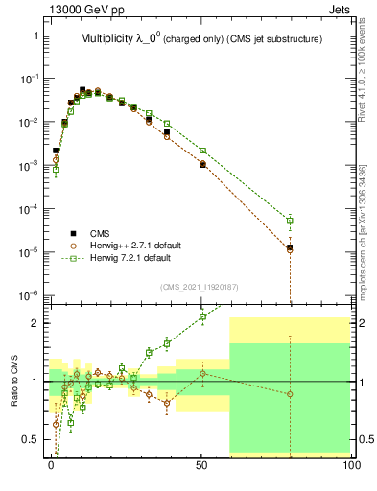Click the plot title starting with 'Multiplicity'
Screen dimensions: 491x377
[199, 39]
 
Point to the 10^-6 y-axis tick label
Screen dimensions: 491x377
[28, 294]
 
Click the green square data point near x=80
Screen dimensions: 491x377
[291, 221]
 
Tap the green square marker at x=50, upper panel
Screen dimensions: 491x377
[202, 150]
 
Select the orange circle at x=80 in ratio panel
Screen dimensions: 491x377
[291, 394]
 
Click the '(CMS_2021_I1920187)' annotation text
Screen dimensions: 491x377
[199, 286]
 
